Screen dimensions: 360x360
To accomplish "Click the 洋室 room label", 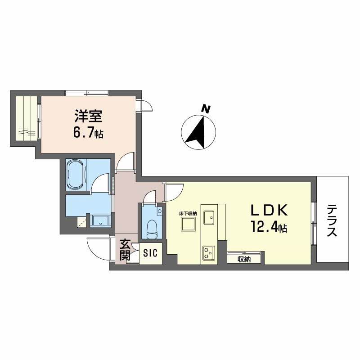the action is coord(88,117).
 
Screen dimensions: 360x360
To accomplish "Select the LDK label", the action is coord(269,210).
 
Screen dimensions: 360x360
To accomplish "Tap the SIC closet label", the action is coord(150,253).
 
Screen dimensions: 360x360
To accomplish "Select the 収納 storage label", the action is coord(244,260).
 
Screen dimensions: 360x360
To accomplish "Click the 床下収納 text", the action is coord(188,214).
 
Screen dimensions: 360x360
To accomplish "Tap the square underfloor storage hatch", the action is coord(188,224).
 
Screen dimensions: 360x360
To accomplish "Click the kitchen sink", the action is coord(209,217).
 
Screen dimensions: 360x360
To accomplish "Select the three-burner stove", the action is coord(209,253).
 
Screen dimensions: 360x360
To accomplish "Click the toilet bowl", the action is coord(151,229).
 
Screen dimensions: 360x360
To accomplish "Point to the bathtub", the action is coord(76,175).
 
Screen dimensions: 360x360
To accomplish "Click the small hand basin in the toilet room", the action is coord(159,211).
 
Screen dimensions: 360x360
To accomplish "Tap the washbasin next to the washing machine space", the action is coord(100,221).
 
